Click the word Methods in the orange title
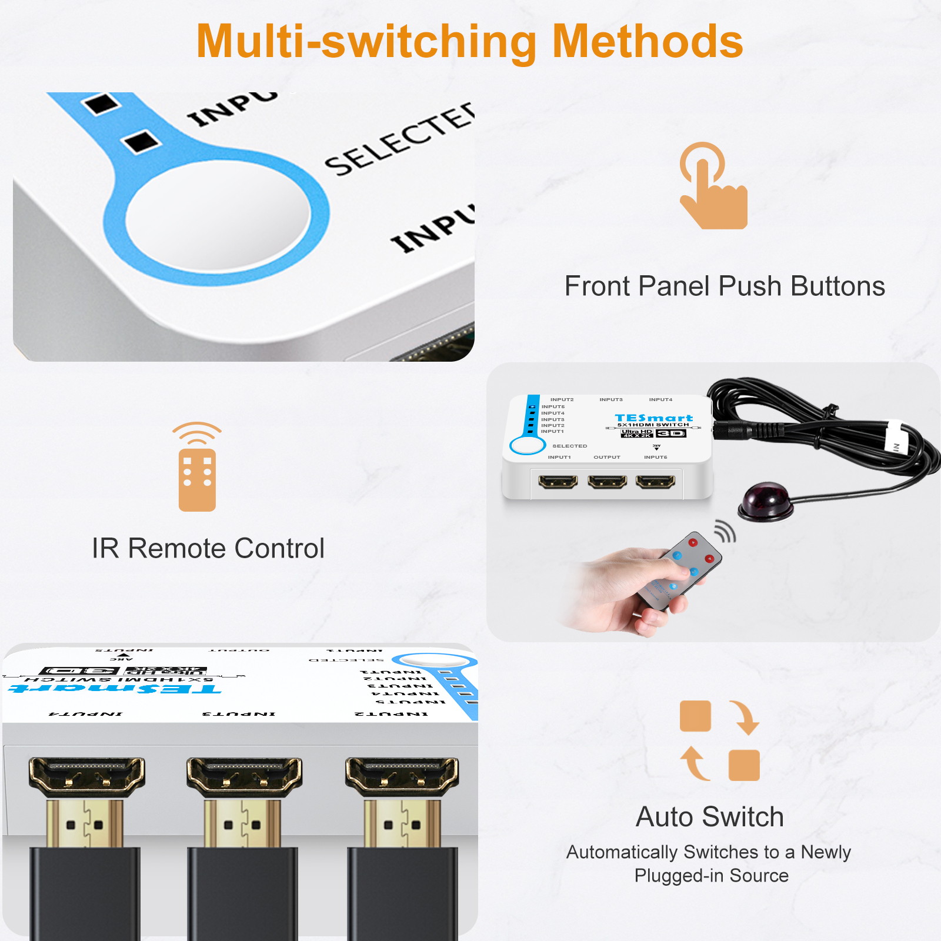[x=648, y=42]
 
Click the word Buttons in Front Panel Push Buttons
[x=837, y=286]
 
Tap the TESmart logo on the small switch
[x=653, y=418]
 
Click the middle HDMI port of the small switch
[x=607, y=483]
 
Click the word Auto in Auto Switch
[x=665, y=817]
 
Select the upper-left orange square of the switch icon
[x=695, y=716]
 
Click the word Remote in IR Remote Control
[x=177, y=548]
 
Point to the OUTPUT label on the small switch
[x=607, y=457]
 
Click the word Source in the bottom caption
[x=759, y=876]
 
